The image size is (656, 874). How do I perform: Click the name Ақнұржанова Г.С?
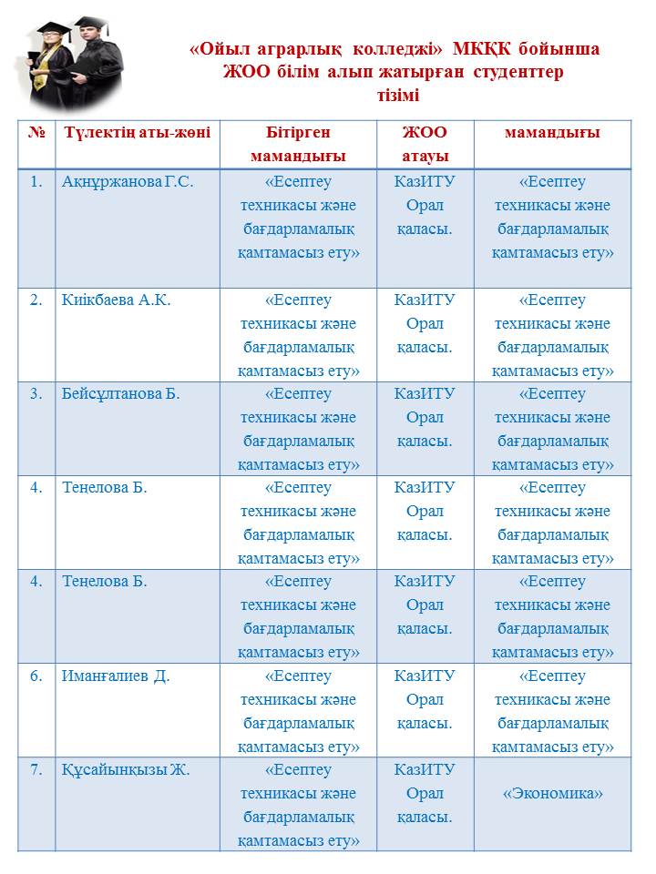pos(128,181)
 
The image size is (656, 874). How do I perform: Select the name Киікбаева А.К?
pos(116,300)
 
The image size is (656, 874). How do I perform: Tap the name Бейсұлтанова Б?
pos(120,393)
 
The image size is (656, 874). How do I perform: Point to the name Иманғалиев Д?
pos(116,676)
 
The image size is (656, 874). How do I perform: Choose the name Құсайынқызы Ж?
pos(126,769)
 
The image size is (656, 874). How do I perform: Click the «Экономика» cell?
pos(552,793)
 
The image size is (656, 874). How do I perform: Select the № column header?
pos(36,132)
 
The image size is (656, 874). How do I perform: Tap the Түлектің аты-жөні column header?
pos(137,132)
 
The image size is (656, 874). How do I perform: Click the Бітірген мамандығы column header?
pos(298,144)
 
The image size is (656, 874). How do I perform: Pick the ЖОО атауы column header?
pos(425,144)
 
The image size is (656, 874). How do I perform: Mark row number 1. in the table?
pos(36,181)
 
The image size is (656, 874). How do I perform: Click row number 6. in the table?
pos(36,676)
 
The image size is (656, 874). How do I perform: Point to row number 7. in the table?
pos(36,769)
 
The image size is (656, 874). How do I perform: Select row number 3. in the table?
pos(36,393)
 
